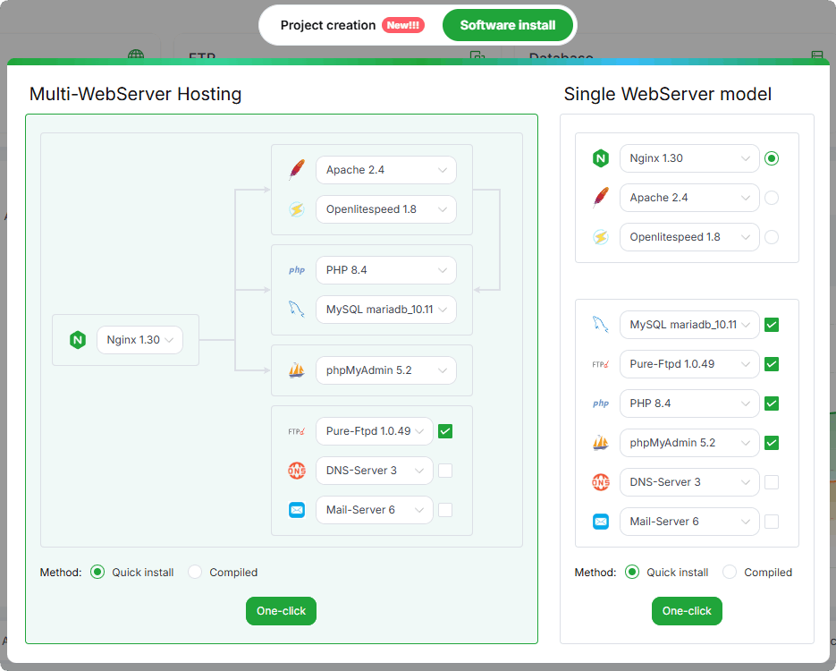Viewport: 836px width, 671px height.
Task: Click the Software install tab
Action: coord(508,25)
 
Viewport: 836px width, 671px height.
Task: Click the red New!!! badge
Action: coord(403,25)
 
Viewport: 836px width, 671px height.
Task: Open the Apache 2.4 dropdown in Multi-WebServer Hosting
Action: coord(386,170)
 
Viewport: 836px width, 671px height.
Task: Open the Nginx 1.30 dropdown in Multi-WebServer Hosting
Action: coord(139,340)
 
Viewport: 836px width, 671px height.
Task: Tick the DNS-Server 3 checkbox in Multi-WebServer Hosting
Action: coord(445,471)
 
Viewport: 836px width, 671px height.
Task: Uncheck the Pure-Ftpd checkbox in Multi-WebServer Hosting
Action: coord(445,431)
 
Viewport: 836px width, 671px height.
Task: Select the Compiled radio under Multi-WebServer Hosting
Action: coord(195,572)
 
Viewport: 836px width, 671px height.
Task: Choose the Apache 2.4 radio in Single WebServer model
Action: coord(772,198)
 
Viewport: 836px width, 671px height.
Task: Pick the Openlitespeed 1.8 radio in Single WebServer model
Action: coord(772,237)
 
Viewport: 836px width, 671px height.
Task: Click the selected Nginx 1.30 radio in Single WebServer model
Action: coord(772,158)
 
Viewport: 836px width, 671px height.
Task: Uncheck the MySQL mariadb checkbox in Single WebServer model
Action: coord(772,325)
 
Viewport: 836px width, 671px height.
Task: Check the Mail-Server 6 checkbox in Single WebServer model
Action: coord(772,522)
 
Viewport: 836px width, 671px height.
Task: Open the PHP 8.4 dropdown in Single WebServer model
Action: coord(689,403)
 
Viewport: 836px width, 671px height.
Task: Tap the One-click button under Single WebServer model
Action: coord(687,611)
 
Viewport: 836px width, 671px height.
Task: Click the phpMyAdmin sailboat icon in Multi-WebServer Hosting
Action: coord(297,370)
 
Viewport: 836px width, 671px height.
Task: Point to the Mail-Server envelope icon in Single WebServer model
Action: coord(601,522)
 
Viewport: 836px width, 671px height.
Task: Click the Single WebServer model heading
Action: coord(668,94)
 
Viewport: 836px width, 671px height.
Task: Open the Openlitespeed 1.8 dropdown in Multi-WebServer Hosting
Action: coord(386,209)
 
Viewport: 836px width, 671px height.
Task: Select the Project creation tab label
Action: coord(328,25)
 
